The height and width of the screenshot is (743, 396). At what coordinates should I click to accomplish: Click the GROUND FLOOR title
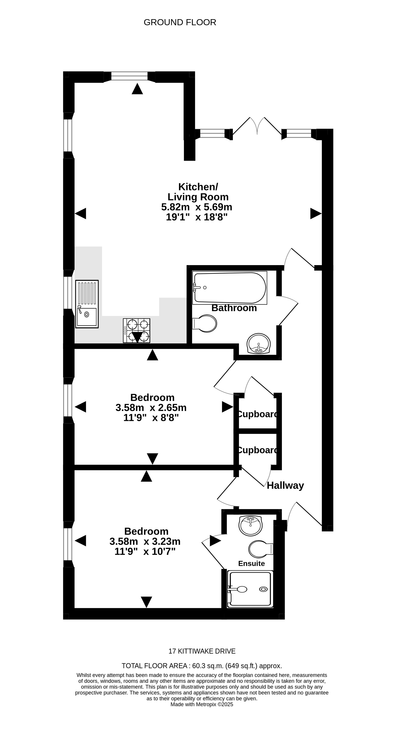pos(180,23)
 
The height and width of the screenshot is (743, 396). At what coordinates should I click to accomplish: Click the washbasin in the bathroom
pos(259,343)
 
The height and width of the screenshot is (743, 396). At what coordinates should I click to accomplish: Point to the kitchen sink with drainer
pos(87,304)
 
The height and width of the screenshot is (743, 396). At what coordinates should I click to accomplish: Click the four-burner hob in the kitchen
pos(137,331)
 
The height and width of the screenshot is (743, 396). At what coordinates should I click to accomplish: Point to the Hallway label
pos(285,485)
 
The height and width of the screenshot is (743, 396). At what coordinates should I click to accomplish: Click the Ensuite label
pos(251,564)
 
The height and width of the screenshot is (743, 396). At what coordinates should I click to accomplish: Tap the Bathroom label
pos(234,308)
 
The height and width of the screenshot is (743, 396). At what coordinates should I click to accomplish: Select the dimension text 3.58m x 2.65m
pos(151,407)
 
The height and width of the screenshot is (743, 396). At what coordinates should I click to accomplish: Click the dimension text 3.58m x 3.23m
pos(145,541)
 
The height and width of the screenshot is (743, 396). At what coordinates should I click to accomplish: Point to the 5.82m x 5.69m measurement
pos(197,207)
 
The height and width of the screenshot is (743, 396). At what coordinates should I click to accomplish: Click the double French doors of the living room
pos(257,127)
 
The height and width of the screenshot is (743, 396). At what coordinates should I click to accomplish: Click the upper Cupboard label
pos(258,414)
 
